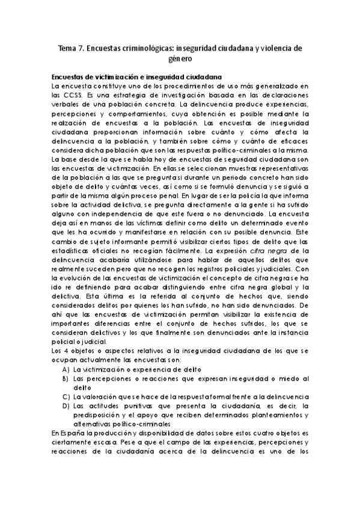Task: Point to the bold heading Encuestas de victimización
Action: click(103, 76)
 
